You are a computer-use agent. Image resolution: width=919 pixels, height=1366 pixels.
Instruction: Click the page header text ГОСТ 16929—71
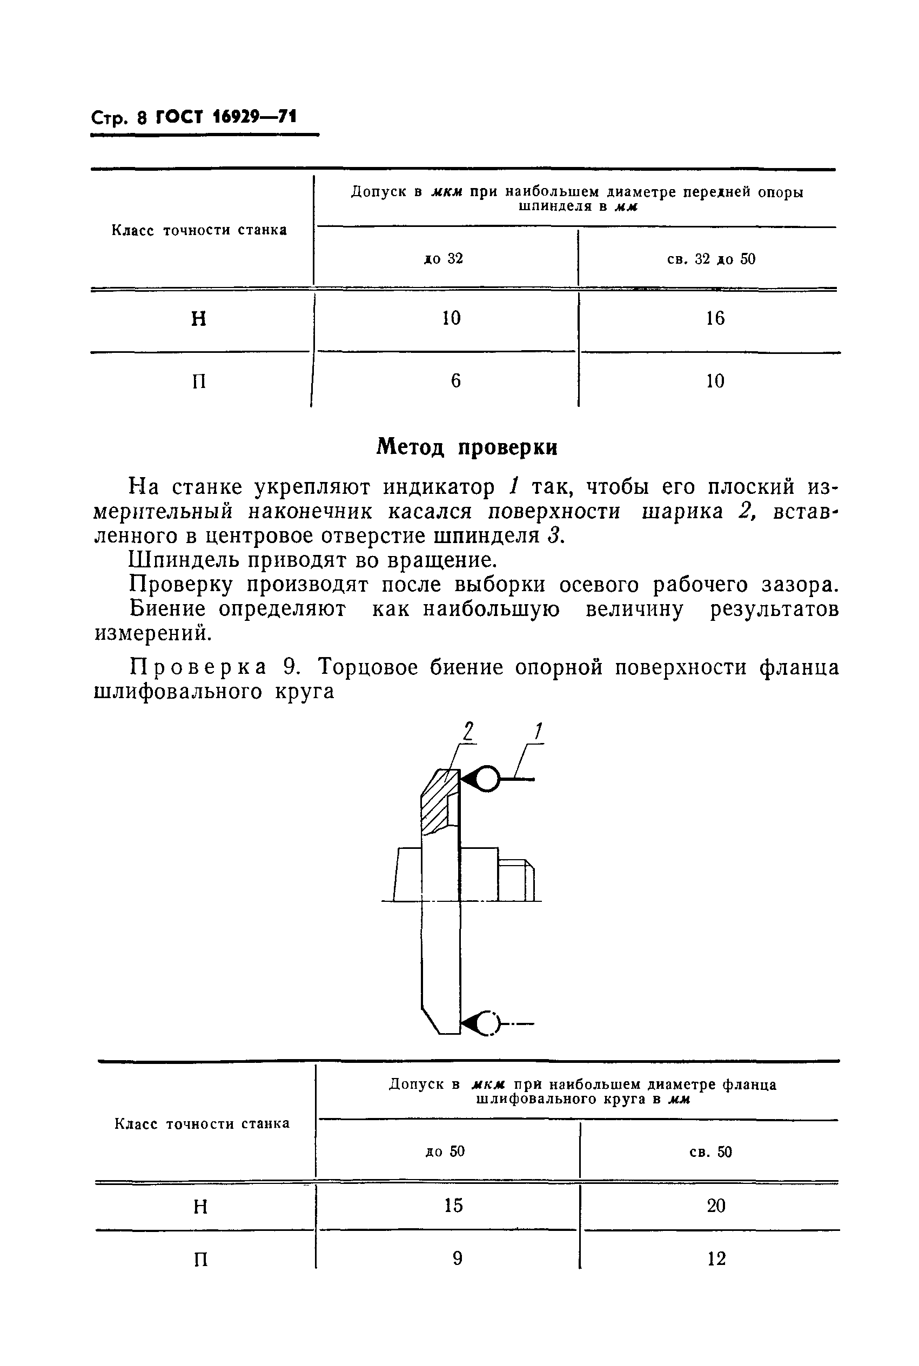pyautogui.click(x=226, y=118)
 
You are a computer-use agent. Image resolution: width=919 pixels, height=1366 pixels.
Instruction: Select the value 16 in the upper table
pyautogui.click(x=715, y=318)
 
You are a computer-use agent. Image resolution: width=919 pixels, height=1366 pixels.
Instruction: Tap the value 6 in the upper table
pyautogui.click(x=455, y=381)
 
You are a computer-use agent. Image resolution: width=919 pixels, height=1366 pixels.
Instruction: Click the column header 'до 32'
pyautogui.click(x=444, y=258)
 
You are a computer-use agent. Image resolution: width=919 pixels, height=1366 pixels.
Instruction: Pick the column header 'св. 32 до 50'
pyautogui.click(x=711, y=259)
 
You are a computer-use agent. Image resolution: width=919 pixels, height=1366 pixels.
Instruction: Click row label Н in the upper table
pyautogui.click(x=199, y=319)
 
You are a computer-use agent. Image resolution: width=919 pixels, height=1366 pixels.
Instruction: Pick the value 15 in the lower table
pyautogui.click(x=453, y=1205)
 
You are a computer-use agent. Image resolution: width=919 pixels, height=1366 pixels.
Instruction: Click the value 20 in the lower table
pyautogui.click(x=716, y=1206)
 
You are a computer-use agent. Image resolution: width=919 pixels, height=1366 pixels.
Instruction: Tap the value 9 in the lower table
pyautogui.click(x=457, y=1258)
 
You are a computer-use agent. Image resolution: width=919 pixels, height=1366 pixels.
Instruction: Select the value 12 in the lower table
pyautogui.click(x=716, y=1258)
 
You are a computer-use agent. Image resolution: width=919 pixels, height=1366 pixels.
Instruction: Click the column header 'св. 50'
pyautogui.click(x=710, y=1152)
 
